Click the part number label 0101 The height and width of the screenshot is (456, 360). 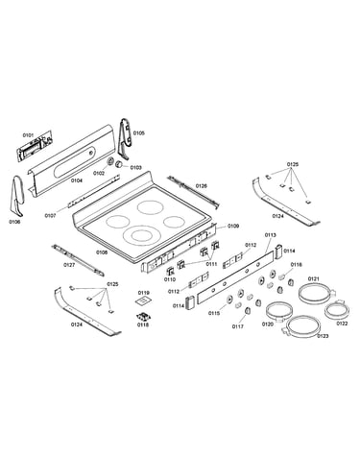(x=28, y=135)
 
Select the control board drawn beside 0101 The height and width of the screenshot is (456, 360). (x=35, y=146)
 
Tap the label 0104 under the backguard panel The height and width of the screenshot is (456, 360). (x=77, y=180)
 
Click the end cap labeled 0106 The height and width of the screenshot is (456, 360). (x=17, y=196)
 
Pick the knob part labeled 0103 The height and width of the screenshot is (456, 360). (x=119, y=164)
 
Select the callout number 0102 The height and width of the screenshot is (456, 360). (x=99, y=173)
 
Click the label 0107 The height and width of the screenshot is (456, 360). (x=50, y=216)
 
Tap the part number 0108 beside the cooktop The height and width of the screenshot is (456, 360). (x=102, y=252)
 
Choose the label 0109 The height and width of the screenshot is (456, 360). (x=233, y=226)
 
